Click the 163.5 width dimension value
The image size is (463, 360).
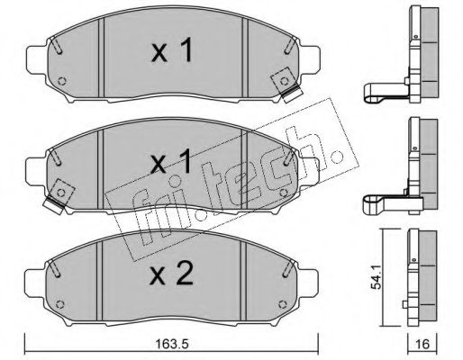(x=172, y=345)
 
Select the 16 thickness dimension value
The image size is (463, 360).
(x=423, y=344)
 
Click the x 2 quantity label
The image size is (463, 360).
(x=172, y=274)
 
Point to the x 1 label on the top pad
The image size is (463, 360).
(x=171, y=51)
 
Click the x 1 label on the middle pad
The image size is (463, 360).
(x=171, y=162)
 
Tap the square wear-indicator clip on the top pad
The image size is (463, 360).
(x=286, y=85)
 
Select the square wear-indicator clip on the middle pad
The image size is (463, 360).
(x=59, y=196)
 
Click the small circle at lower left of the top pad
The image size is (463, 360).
(x=62, y=81)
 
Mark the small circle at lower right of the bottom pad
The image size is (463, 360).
(x=282, y=305)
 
